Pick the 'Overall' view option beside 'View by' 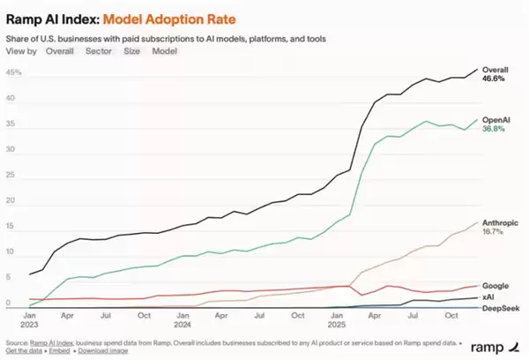click(60, 51)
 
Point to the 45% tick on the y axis click(13, 73)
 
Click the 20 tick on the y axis click(11, 201)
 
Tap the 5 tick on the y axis click(9, 278)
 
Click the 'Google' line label click(495, 285)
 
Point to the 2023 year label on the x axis click(30, 323)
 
